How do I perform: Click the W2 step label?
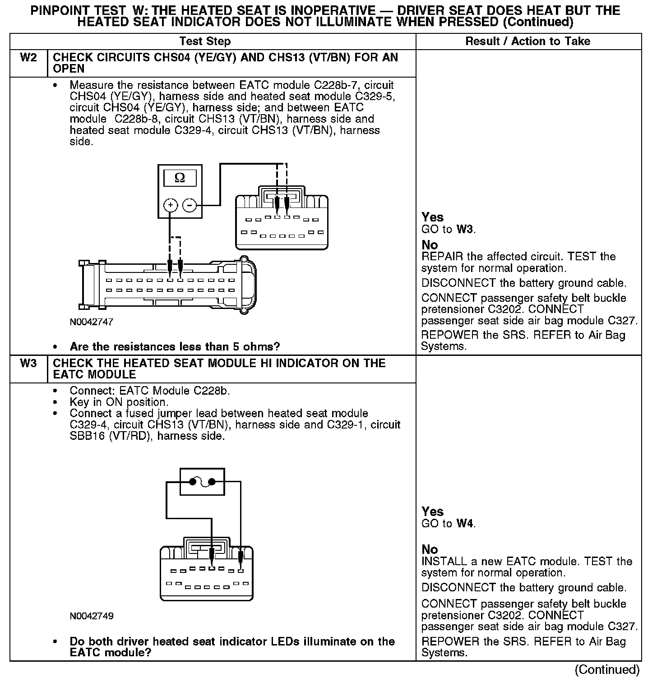click(x=28, y=57)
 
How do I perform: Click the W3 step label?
click(x=28, y=363)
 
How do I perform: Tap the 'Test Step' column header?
click(x=205, y=41)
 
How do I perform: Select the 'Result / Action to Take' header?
click(x=527, y=41)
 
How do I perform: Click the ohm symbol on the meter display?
click(x=180, y=178)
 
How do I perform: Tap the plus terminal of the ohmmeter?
click(x=170, y=205)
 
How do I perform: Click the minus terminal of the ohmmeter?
click(x=190, y=205)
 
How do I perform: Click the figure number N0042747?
click(x=91, y=322)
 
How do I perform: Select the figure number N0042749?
click(x=91, y=616)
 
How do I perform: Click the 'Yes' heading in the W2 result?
click(x=432, y=217)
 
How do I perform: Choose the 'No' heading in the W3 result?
click(x=430, y=549)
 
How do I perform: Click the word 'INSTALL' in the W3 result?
click(x=444, y=562)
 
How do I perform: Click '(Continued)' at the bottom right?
click(x=607, y=669)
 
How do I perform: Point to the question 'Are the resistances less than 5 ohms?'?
click(x=175, y=347)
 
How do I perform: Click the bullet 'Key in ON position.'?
click(x=119, y=402)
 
